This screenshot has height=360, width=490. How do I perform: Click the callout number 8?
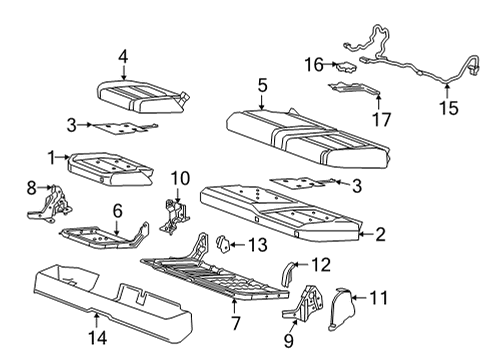click(30, 186)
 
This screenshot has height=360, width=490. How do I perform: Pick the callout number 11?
click(377, 297)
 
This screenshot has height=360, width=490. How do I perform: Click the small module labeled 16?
click(345, 67)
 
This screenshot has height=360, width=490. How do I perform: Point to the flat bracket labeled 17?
click(355, 91)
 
